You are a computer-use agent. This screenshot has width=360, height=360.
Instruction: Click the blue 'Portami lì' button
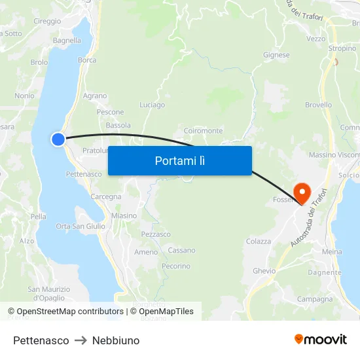point(179,160)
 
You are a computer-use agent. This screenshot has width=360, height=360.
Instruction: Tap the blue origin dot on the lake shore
point(58,139)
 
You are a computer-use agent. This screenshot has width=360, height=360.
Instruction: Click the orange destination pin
point(302,192)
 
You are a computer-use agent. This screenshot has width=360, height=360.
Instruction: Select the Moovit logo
point(321,339)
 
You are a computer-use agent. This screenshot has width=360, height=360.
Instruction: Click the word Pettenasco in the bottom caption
point(41,340)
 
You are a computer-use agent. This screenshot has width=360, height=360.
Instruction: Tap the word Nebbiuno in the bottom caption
point(116,340)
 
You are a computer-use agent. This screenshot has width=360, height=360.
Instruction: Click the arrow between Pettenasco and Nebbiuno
point(81,340)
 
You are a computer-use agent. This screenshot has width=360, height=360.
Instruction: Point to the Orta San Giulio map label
point(81,226)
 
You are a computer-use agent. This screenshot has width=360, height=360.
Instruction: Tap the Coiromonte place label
point(204,131)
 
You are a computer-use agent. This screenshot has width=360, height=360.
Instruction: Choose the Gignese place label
point(276,55)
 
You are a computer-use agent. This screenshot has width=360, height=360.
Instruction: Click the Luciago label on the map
point(153,105)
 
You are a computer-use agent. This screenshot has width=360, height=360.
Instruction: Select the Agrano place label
point(95,96)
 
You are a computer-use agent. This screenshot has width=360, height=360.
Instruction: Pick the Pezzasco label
point(156,234)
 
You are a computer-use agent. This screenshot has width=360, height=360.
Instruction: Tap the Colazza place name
point(259,242)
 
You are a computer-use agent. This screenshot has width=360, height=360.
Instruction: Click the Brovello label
point(318,105)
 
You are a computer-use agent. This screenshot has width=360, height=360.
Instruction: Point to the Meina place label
point(332,251)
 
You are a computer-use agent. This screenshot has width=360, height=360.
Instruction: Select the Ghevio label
point(264,270)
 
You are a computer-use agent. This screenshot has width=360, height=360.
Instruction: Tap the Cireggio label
point(47,22)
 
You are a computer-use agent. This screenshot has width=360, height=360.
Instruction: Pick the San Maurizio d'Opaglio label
point(48,293)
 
